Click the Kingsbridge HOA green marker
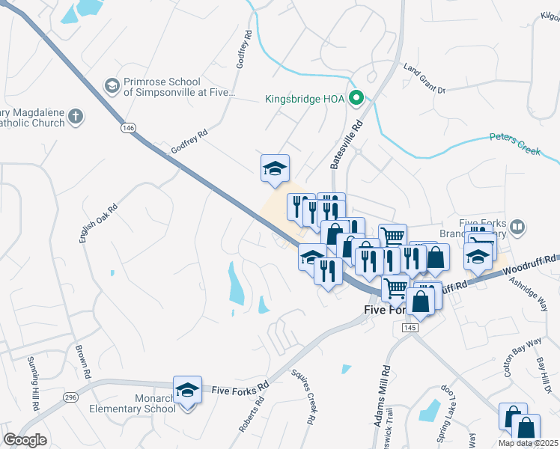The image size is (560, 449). pos(357,98)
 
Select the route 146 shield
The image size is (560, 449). pos(127,129)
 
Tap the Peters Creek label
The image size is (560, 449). pos(514,144)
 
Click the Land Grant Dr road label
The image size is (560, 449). pos(424,79)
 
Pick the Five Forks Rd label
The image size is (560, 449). pos(240,390)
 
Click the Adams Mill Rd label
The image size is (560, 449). pos(383,397)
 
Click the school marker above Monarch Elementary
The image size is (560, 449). pos(188,391)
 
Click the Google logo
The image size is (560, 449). pos(25,440)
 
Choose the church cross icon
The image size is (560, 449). pos(75,117)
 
